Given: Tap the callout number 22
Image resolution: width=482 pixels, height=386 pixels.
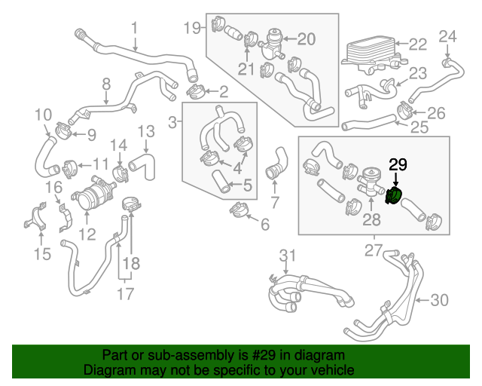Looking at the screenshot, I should (x=418, y=44).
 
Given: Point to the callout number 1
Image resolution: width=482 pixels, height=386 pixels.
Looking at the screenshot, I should (x=134, y=28).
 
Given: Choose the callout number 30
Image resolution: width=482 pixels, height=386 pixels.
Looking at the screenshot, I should (x=439, y=300).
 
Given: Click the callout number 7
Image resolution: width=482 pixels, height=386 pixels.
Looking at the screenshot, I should (x=275, y=201).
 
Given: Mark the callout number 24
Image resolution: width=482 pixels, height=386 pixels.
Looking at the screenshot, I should (x=447, y=35).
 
